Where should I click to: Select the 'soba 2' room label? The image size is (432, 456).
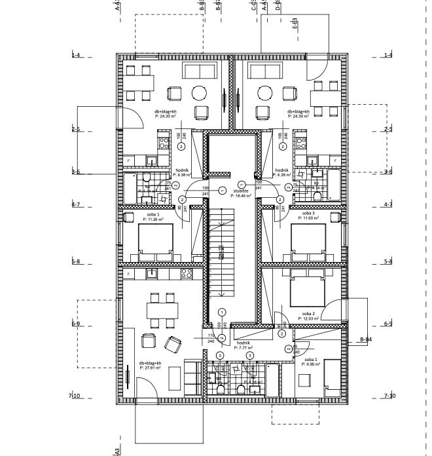[308, 314]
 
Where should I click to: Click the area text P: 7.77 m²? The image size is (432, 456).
[243, 348]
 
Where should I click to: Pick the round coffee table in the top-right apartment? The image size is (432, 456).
[264, 92]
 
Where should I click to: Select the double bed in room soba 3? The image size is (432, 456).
[308, 239]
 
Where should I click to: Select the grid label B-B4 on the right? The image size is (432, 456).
[365, 339]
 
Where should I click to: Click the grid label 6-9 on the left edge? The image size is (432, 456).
[75, 324]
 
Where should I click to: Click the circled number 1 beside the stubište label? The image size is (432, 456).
[221, 191]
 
